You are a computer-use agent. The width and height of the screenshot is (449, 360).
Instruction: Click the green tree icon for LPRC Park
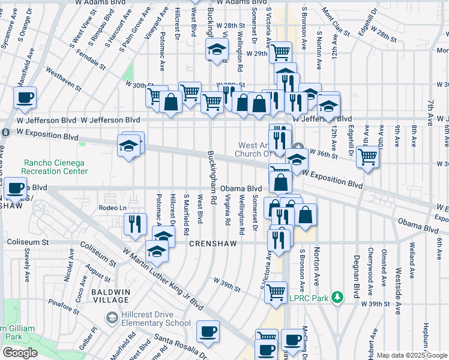click(338, 297)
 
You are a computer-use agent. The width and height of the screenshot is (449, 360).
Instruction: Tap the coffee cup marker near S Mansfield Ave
click(25, 98)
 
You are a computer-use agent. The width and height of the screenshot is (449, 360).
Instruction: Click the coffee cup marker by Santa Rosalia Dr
click(208, 331)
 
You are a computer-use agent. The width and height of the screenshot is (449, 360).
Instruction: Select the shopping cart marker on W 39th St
click(276, 292)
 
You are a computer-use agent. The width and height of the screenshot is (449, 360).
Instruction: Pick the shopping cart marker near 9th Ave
click(367, 158)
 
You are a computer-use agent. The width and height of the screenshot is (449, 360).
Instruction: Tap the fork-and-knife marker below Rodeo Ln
click(136, 224)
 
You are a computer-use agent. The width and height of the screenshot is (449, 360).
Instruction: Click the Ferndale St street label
click(91, 62)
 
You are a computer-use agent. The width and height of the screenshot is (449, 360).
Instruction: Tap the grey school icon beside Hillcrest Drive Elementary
click(111, 317)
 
